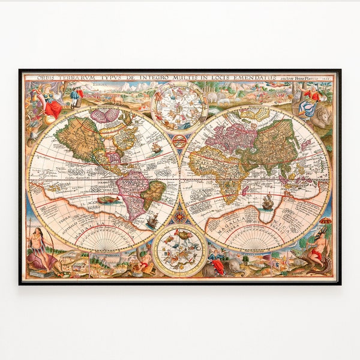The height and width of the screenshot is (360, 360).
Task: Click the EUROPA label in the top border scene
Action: point(99,85)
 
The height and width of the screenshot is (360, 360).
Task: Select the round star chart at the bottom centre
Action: point(179,250)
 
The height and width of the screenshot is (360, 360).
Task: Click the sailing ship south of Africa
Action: point(268,203)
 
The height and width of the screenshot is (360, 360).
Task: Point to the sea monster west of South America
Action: point(107,200)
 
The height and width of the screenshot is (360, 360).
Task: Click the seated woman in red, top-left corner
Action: point(52,107)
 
